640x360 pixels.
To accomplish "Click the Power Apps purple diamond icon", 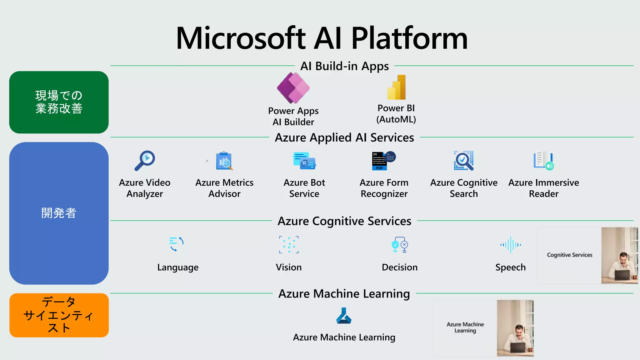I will [293, 88].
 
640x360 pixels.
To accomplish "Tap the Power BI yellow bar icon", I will [396, 87].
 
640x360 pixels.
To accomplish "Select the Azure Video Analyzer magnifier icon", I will [145, 160].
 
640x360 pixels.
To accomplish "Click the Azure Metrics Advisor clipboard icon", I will [224, 161].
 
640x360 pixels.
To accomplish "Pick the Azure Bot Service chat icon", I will [304, 161].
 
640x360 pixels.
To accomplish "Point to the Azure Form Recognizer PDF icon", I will [383, 161].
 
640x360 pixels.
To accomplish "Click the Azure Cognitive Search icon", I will [464, 161].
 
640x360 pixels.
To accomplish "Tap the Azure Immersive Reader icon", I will [543, 161].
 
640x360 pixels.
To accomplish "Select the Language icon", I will [177, 244].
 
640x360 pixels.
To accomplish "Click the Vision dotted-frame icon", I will [289, 244].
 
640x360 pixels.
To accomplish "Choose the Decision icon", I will [399, 244].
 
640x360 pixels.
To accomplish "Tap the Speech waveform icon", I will [510, 244].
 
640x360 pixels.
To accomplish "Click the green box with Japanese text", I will [59, 102].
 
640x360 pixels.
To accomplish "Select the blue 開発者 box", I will [59, 213].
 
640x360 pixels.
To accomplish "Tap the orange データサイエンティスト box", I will [59, 315].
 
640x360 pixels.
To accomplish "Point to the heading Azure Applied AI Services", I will [344, 137].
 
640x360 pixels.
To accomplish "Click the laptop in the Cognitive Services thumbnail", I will [622, 275].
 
